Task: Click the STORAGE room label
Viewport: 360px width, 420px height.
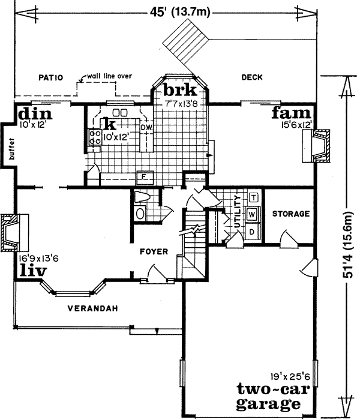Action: coord(290,214)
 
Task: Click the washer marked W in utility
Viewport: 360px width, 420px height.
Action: coord(253,214)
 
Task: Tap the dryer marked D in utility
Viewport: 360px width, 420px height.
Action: coord(253,231)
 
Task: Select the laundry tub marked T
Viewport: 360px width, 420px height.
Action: coord(253,197)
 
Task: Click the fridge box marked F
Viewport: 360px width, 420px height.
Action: coord(144,176)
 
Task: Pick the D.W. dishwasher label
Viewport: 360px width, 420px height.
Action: coord(146,127)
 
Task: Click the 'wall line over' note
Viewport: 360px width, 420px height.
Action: coord(109,76)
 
